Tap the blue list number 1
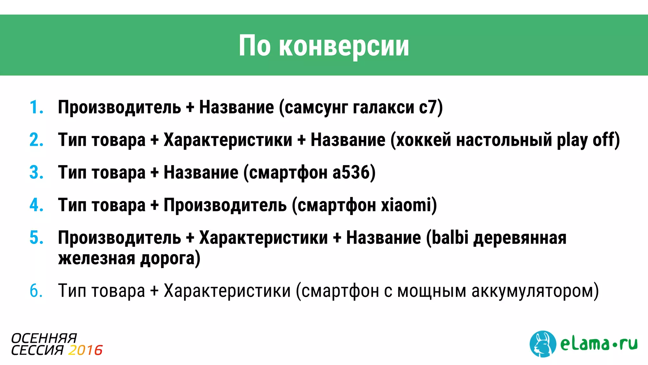click(35, 107)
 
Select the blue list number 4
click(36, 205)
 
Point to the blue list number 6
click(36, 291)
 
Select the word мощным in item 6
click(432, 291)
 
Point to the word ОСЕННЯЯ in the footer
click(44, 338)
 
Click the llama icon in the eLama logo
click(543, 344)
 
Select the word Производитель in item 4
click(225, 205)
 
